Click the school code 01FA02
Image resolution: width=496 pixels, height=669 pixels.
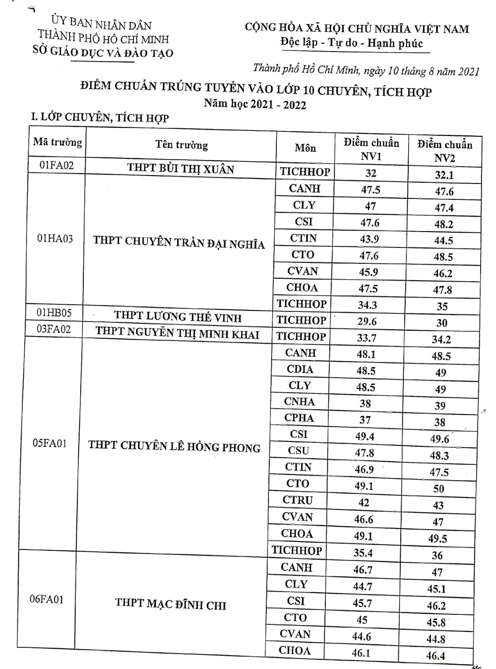point(56,165)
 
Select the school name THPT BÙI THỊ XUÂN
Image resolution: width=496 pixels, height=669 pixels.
point(181,168)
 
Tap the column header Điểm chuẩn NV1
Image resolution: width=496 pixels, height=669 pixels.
point(371,149)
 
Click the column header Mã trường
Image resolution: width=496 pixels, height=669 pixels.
point(58,142)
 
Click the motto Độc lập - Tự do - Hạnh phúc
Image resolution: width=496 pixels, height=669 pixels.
point(351,43)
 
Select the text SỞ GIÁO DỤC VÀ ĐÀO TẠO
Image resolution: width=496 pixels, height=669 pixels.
point(103,52)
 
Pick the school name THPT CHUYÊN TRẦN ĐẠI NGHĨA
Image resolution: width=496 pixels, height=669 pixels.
point(179,242)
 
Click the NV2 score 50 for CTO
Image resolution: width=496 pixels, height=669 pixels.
point(439,488)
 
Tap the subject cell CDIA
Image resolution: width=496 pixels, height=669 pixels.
point(300,369)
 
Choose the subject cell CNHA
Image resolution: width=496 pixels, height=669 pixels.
point(299,402)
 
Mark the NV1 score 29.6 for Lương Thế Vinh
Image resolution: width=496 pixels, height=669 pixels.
point(367,321)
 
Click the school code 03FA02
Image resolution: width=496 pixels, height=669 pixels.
point(54,329)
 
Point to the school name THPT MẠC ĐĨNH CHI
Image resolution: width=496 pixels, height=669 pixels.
point(170,604)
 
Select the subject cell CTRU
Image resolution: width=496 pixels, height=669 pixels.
point(298,500)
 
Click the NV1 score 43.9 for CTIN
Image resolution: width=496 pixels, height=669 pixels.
point(369,239)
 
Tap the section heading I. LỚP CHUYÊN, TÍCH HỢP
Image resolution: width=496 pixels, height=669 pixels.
point(100,118)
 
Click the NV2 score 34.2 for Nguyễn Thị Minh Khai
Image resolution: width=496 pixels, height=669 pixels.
point(441,340)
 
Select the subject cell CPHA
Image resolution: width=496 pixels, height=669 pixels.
point(299,418)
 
